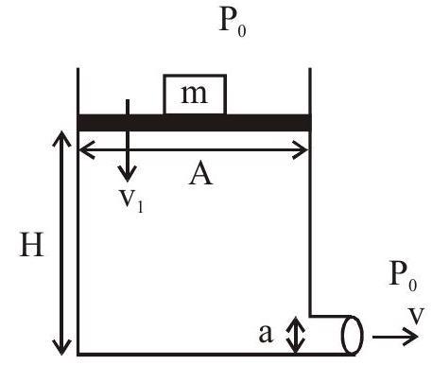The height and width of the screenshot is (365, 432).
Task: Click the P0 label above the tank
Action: coord(233,22)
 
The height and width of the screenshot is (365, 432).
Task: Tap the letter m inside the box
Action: coord(195,95)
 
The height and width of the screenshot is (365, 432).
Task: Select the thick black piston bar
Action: coord(195,123)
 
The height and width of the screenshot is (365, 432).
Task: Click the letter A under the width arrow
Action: coord(200,175)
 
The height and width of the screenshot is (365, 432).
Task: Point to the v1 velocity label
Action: coord(131,201)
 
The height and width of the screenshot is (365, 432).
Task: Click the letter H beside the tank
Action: coord(31,244)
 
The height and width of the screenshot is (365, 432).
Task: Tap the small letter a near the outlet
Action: coord(265,333)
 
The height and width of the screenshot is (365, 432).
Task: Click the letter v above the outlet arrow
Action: coord(417,316)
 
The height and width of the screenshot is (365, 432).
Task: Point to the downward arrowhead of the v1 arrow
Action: coord(128,173)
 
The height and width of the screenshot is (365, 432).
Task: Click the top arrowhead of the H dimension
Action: coord(61,139)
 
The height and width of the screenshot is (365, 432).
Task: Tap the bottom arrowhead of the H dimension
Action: coord(61,347)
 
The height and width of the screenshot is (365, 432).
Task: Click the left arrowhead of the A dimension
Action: coord(87,150)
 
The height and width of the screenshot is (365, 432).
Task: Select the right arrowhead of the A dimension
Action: coord(301,150)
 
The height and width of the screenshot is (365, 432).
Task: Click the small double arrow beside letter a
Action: coord(295,335)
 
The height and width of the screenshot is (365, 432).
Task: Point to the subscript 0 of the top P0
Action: coord(242,31)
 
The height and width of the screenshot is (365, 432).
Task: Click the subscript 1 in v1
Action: coord(140,207)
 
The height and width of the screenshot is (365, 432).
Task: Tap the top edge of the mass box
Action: coord(195,76)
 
